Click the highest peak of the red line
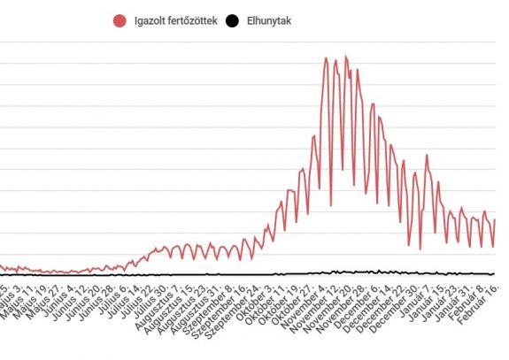346,56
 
